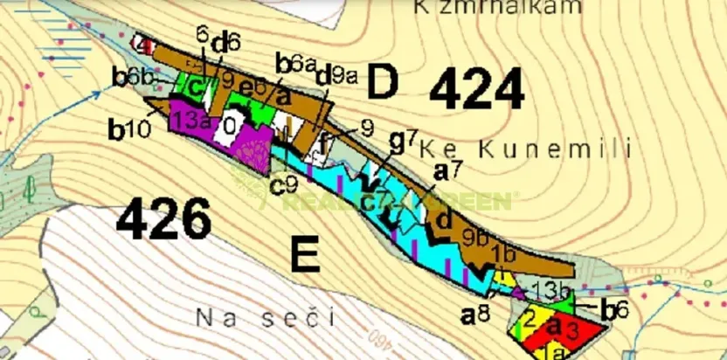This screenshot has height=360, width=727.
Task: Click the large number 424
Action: click(x=477, y=89)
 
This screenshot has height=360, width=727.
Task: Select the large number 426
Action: click(x=164, y=218)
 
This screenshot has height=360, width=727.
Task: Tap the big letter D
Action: click(x=383, y=82)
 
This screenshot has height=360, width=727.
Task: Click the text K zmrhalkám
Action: click(x=498, y=7)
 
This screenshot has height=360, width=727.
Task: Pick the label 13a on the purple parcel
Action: click(x=190, y=121)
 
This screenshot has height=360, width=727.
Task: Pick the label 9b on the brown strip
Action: click(x=475, y=236)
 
